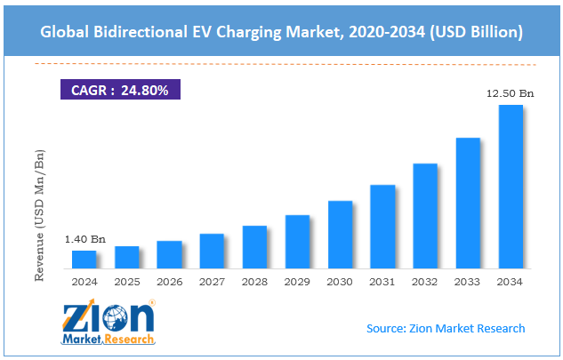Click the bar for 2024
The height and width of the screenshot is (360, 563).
coord(84,259)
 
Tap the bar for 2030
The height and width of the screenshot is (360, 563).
coord(340,234)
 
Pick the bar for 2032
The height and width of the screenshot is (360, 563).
coord(425,215)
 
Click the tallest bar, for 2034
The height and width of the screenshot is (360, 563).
coord(511,186)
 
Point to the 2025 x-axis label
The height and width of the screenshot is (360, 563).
coord(126,282)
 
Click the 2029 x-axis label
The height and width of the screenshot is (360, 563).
coord(297,282)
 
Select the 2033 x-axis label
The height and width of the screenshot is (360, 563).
coord(468,282)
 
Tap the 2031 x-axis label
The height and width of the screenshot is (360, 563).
coord(382,282)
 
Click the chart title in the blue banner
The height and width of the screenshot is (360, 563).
coord(281,32)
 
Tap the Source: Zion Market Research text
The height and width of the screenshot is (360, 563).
coord(446,329)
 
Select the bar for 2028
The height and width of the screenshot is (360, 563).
coord(254,246)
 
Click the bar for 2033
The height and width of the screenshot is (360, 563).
coord(468,203)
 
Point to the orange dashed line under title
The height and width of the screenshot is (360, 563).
coord(281,65)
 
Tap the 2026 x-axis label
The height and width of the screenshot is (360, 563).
coord(169,282)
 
